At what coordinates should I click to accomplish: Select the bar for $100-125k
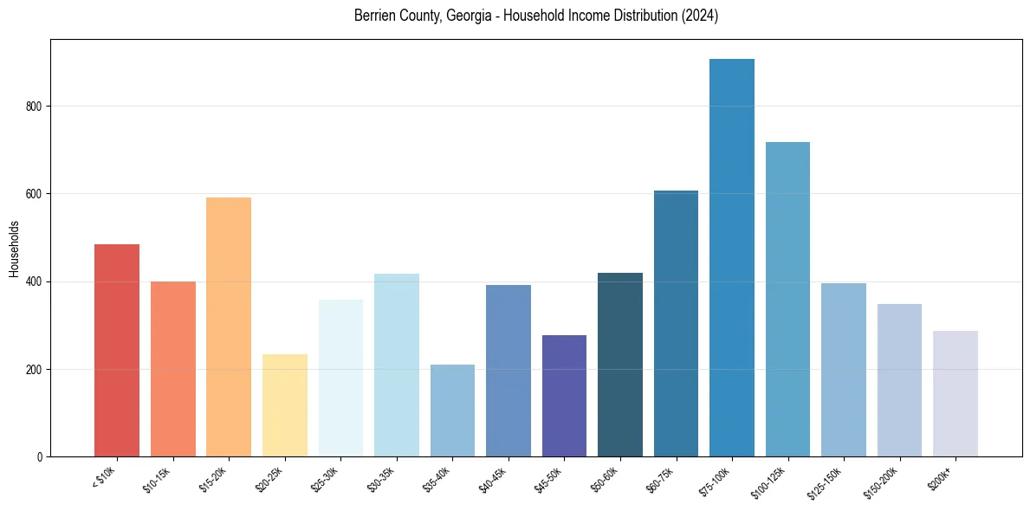click(787, 299)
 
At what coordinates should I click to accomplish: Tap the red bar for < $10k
click(117, 350)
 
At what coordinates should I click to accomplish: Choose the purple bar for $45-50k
click(564, 395)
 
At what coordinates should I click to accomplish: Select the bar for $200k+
click(955, 393)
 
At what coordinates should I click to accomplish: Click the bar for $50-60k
click(620, 364)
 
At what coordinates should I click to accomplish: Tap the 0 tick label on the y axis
click(40, 456)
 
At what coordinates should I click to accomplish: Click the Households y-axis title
click(15, 248)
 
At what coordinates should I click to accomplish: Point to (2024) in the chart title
click(700, 16)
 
